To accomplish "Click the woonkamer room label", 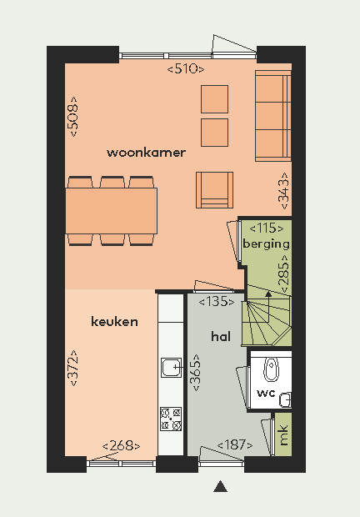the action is click(x=146, y=153).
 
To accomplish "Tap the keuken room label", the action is click(x=114, y=322).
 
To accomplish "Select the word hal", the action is click(x=221, y=336).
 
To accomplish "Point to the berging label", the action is click(x=266, y=244).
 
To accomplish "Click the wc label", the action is click(x=266, y=393).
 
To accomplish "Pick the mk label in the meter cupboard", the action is click(x=283, y=435).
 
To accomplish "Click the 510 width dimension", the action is click(x=186, y=69).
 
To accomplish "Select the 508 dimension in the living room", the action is click(x=73, y=117).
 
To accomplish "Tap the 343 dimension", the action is click(x=284, y=191).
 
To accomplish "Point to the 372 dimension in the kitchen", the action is click(x=73, y=369).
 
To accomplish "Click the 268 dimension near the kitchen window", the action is click(x=121, y=446).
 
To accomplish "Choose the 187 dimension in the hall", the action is click(x=235, y=444).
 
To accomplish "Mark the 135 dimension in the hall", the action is click(x=217, y=302).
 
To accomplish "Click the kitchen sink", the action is click(x=172, y=367).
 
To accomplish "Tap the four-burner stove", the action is click(x=171, y=419).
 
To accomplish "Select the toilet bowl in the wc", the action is click(x=271, y=369).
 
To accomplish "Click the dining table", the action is click(x=112, y=211).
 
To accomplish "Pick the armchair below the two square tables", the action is click(x=214, y=190).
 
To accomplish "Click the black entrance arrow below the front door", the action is click(x=220, y=486).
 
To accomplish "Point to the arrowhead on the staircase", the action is click(x=268, y=294).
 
